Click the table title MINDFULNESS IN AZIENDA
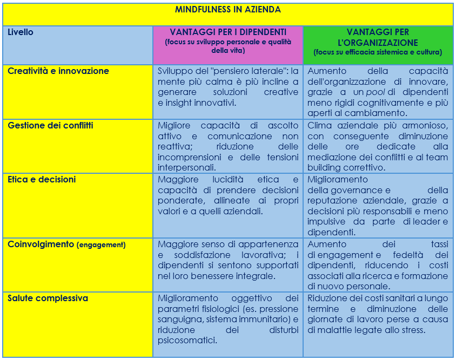tap(227, 10)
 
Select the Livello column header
tap(21, 32)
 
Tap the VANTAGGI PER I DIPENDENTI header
tap(227, 32)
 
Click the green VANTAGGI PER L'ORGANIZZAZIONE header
tap(378, 37)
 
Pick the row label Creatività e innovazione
tap(58, 71)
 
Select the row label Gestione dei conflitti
tap(50, 125)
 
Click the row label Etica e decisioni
tap(42, 179)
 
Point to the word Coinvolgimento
tap(41, 244)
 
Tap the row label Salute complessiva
tap(48, 298)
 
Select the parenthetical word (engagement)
tap(101, 245)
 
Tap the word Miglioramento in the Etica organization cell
tap(338, 179)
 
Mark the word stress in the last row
tap(413, 330)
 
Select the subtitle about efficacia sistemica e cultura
tap(378, 52)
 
